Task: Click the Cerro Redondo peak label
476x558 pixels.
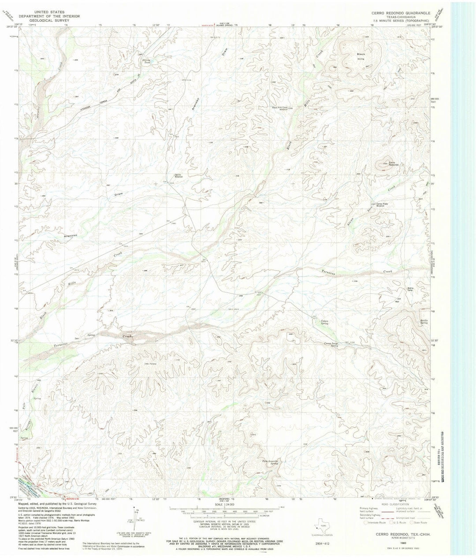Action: point(394,164)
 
